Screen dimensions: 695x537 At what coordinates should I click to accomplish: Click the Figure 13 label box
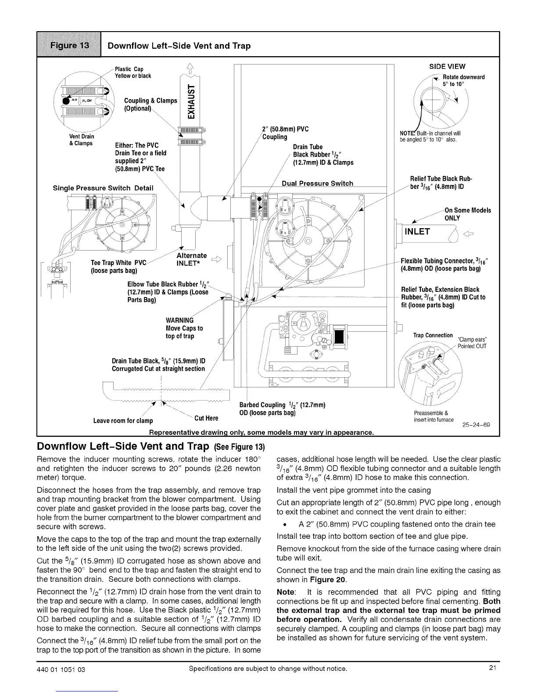click(69, 45)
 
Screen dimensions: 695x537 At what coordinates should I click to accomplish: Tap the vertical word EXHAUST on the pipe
click(191, 101)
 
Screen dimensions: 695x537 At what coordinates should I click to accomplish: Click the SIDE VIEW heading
click(447, 67)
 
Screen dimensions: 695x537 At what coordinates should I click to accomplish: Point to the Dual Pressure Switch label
click(317, 183)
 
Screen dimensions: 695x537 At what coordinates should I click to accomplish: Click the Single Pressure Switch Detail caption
click(103, 188)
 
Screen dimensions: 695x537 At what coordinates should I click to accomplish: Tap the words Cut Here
click(206, 418)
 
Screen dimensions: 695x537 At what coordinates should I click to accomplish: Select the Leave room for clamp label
click(123, 421)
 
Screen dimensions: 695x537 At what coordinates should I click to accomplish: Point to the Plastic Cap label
click(129, 69)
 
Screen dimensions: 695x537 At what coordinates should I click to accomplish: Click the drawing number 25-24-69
click(476, 425)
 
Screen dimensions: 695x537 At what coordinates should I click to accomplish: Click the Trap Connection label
click(433, 335)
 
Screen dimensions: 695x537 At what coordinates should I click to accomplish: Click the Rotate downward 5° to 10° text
click(463, 80)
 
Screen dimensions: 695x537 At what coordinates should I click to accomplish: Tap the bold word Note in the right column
click(286, 592)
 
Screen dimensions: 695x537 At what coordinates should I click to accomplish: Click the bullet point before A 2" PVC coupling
click(286, 524)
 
